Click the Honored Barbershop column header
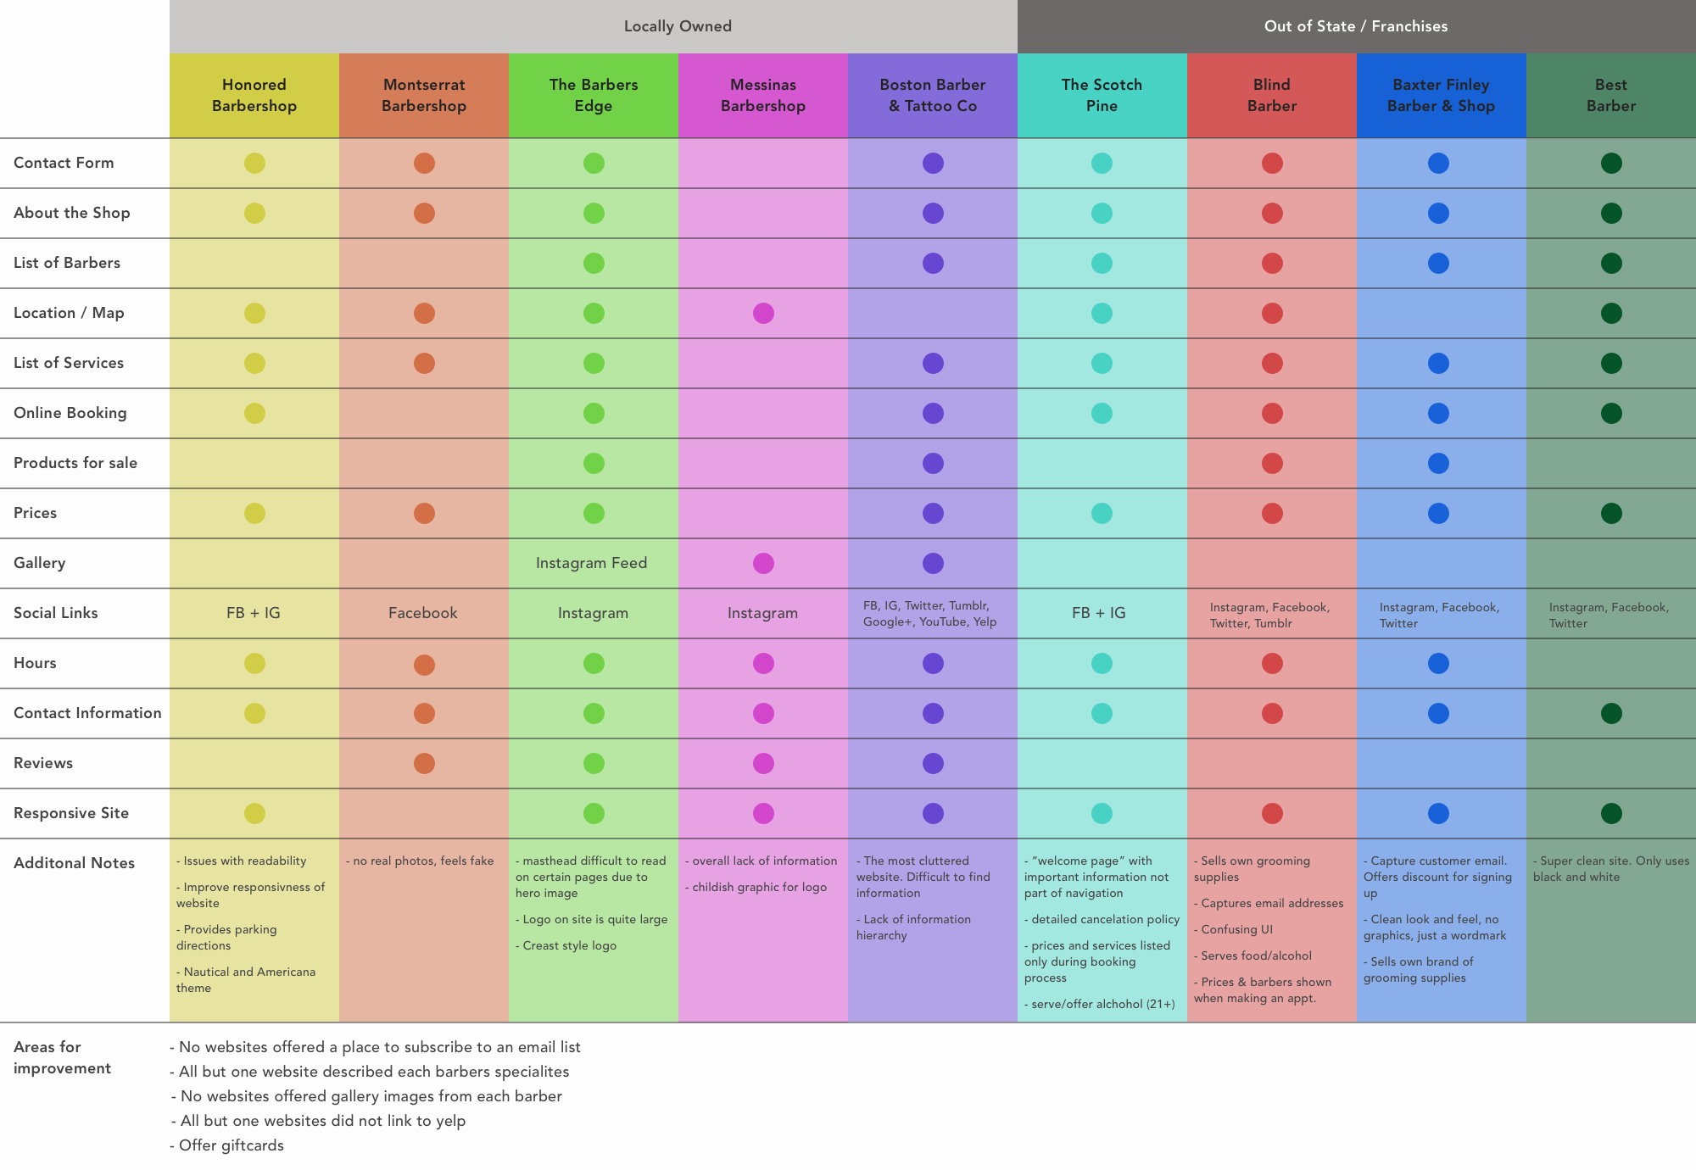(254, 95)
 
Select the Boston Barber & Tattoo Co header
(933, 95)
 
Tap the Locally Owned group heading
(678, 26)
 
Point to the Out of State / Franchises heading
(1356, 26)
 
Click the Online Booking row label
(70, 413)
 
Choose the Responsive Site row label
(71, 813)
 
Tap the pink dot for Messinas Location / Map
(763, 313)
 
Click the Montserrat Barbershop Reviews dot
(424, 763)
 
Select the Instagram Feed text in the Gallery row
(592, 563)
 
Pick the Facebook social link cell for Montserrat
(423, 613)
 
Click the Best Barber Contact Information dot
(1611, 713)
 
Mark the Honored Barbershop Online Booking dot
(254, 413)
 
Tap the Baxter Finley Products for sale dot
(1438, 463)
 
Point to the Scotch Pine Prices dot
(1102, 513)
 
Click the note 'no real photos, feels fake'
(421, 861)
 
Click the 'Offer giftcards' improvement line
(228, 1145)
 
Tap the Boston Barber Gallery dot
(933, 563)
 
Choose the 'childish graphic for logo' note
(757, 887)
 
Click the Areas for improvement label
(62, 1057)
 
